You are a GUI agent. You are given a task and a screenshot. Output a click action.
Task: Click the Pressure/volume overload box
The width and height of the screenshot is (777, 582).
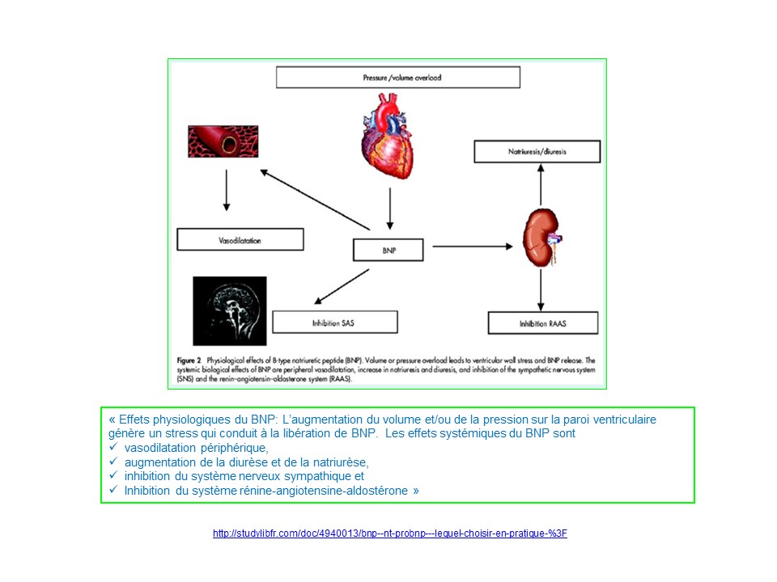397,78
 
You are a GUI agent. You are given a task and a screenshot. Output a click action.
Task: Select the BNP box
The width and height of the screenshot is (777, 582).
388,251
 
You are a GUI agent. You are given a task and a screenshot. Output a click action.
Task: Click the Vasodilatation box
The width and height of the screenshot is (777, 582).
240,240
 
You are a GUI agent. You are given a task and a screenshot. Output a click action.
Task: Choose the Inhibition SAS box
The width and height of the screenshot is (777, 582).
335,322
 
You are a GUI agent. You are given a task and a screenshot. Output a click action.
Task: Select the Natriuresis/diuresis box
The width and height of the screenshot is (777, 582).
537,151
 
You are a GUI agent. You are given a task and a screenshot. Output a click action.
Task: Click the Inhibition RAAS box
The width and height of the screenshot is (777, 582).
543,323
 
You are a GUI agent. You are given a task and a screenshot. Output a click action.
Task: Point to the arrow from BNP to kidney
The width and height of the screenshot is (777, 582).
473,246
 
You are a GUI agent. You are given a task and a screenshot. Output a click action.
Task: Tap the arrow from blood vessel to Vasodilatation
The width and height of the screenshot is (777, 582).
226,191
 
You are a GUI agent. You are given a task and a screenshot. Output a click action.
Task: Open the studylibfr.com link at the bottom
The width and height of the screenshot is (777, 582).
389,534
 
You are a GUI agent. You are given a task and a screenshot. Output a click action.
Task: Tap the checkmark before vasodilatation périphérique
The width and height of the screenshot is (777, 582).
113,448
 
